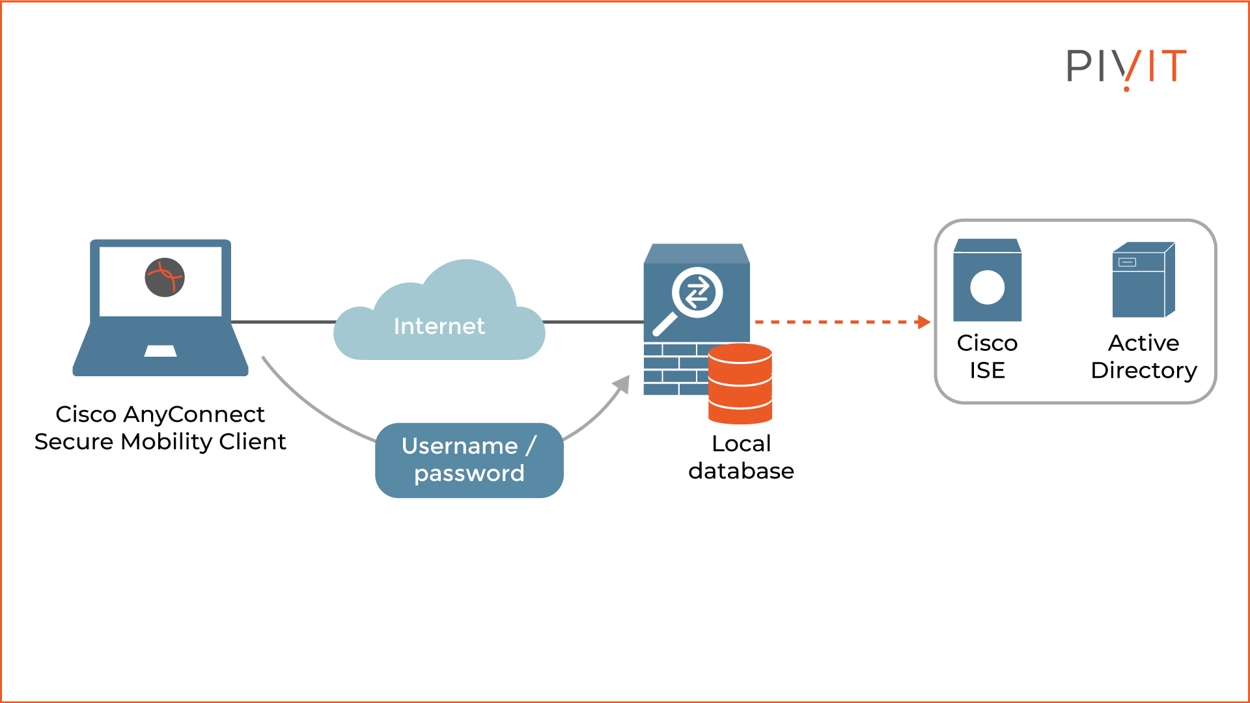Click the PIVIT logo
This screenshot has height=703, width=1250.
pyautogui.click(x=1126, y=66)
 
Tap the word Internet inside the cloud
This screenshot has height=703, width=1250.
pyautogui.click(x=439, y=326)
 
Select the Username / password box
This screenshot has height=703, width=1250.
pyautogui.click(x=469, y=460)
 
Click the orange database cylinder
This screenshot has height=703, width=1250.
pyautogui.click(x=740, y=383)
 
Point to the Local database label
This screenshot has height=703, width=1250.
pyautogui.click(x=741, y=457)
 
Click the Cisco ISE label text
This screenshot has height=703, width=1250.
pyautogui.click(x=987, y=356)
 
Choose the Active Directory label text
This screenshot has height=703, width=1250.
pyautogui.click(x=1143, y=356)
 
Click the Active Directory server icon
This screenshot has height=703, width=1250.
pyautogui.click(x=1143, y=280)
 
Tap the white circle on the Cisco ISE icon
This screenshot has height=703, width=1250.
pyautogui.click(x=987, y=287)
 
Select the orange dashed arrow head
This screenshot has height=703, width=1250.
pyautogui.click(x=924, y=322)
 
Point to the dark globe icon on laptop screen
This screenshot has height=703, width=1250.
pyautogui.click(x=165, y=277)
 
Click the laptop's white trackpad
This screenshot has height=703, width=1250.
pyautogui.click(x=160, y=351)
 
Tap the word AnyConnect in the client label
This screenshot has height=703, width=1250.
pyautogui.click(x=193, y=414)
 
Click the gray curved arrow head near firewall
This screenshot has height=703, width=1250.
pyautogui.click(x=623, y=384)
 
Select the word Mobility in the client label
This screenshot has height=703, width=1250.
pyautogui.click(x=167, y=442)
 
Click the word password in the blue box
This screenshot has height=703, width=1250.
pyautogui.click(x=469, y=474)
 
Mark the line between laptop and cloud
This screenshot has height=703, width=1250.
pyautogui.click(x=283, y=322)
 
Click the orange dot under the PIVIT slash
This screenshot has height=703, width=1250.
pyautogui.click(x=1126, y=89)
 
